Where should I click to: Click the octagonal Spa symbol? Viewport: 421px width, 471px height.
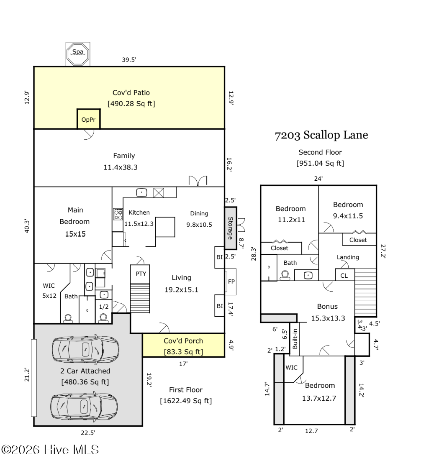[78, 54]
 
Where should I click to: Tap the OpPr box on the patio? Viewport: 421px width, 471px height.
[88, 119]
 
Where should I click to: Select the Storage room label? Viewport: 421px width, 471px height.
[231, 228]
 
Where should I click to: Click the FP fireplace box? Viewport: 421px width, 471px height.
[231, 282]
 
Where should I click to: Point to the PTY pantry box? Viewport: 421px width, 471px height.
[140, 274]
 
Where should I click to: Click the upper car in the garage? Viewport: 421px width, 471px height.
[85, 349]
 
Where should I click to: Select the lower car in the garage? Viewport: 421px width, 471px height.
[84, 407]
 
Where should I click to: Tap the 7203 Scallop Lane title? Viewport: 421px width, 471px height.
[321, 135]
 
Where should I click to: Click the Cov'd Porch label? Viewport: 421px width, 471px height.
[183, 341]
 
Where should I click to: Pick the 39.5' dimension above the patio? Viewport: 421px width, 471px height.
[129, 60]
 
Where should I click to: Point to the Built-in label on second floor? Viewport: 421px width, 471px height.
[295, 339]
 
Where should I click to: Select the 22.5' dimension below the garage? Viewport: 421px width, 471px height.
[88, 433]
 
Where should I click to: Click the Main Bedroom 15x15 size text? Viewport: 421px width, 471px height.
[75, 234]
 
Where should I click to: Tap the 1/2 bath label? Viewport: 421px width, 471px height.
[104, 307]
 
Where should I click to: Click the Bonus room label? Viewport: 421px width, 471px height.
[327, 306]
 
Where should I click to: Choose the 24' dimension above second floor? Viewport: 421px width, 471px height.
[318, 179]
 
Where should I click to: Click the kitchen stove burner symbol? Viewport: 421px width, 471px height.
[118, 214]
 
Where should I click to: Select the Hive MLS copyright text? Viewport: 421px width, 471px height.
[50, 450]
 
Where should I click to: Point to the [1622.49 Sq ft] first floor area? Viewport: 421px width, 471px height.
[186, 401]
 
